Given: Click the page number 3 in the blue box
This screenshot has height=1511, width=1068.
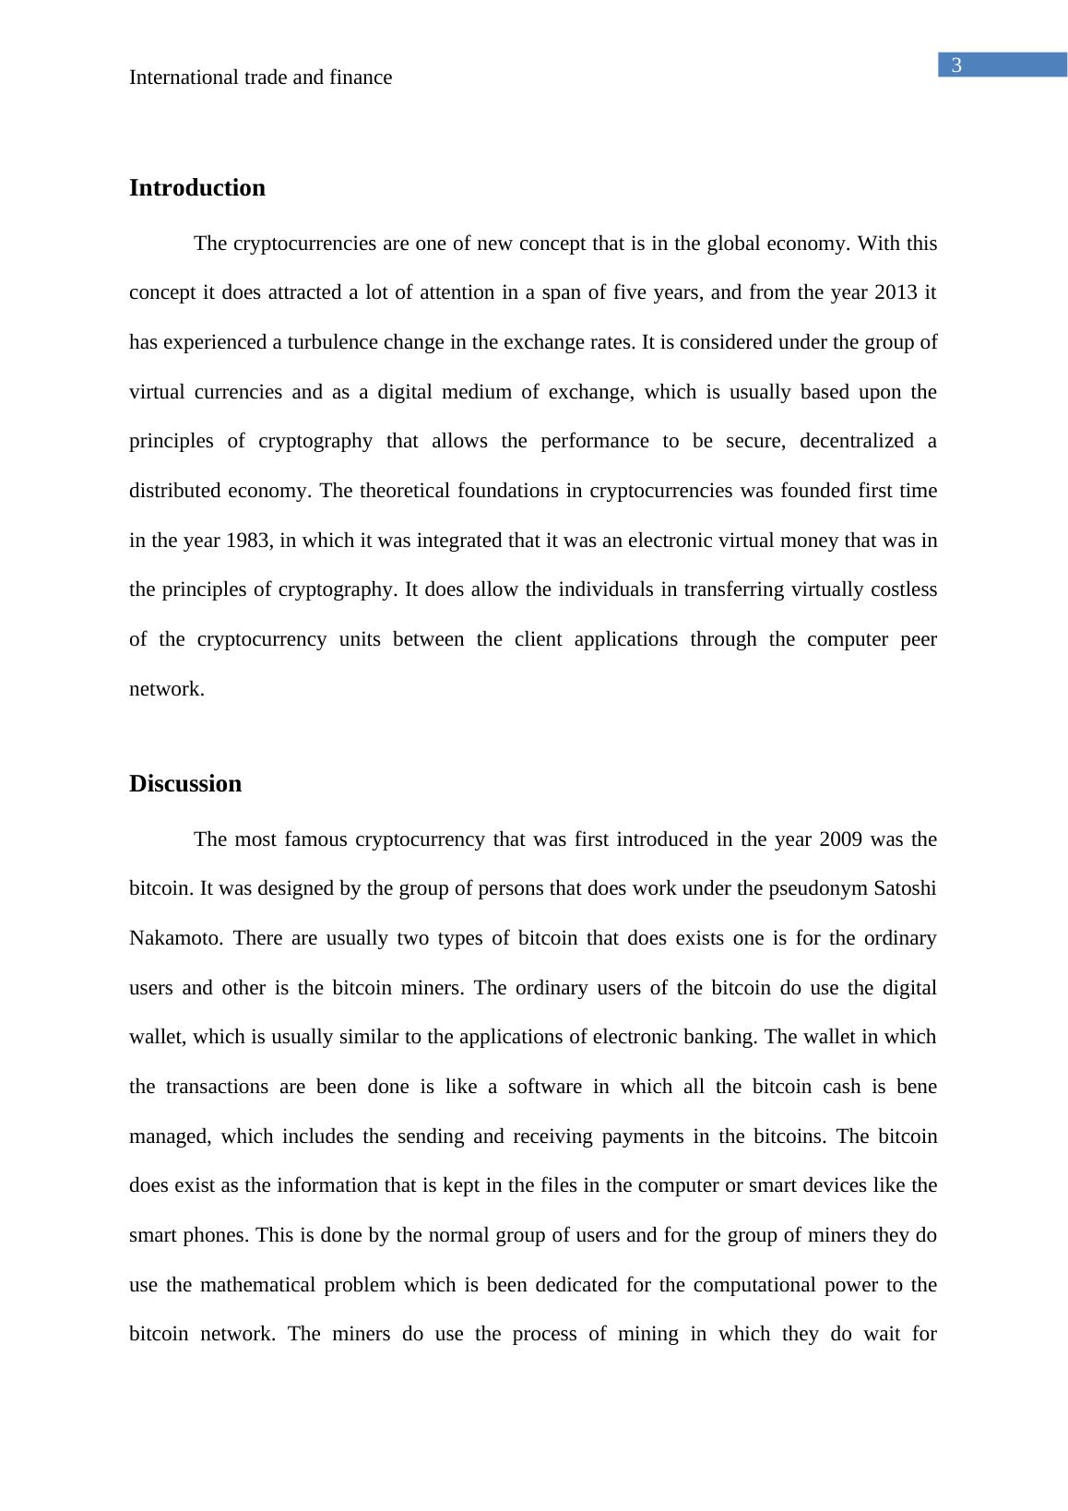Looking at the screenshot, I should click(956, 65).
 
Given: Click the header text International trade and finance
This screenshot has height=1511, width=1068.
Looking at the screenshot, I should click(260, 77).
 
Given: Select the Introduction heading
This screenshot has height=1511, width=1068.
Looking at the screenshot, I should click(197, 188).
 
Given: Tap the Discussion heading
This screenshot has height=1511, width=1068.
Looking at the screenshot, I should click(185, 784).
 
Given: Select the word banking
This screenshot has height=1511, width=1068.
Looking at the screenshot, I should click(721, 1038).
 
